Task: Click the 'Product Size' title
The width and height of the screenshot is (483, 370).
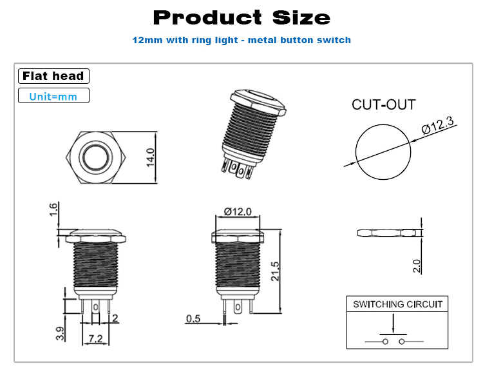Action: [x=241, y=17]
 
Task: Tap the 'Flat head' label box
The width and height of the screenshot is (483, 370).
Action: [x=53, y=76]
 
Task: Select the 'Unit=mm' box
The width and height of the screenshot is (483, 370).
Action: [x=53, y=95]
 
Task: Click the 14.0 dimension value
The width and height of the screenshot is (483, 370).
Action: [x=150, y=157]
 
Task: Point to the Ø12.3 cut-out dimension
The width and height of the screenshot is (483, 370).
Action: [x=438, y=125]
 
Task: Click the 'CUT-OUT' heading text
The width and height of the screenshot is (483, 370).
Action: [x=384, y=105]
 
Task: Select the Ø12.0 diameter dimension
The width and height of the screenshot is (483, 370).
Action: [x=238, y=211]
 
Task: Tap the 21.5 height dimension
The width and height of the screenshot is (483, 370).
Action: [x=275, y=271]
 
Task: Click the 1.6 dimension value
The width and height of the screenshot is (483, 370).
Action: [x=53, y=209]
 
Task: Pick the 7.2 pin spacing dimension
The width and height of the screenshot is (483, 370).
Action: [x=95, y=338]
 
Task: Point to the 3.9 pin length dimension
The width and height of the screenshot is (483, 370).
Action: [x=61, y=334]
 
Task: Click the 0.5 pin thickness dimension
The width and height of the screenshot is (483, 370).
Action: [x=193, y=318]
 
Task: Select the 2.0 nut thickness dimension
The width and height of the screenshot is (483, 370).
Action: [x=417, y=266]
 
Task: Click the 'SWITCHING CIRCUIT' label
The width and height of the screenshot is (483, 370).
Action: [x=397, y=304]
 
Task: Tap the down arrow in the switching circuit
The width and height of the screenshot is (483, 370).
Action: [x=393, y=324]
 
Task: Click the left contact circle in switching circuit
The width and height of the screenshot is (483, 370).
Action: [x=385, y=342]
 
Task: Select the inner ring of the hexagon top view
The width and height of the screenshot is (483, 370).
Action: [x=95, y=144]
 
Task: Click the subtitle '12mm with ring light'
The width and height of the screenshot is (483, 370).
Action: [x=185, y=40]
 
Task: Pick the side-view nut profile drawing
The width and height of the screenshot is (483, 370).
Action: [x=390, y=233]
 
